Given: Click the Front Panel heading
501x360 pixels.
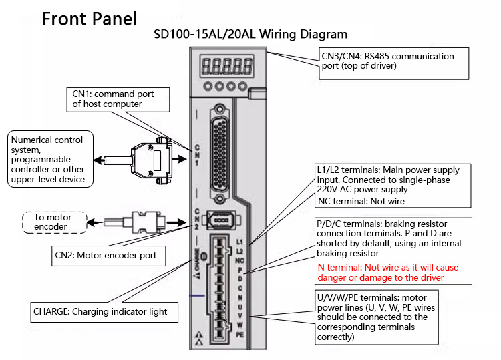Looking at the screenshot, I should [90, 18].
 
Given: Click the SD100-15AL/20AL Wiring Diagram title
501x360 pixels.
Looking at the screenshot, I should [251, 34].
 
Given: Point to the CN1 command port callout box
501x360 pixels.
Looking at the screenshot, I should [113, 99].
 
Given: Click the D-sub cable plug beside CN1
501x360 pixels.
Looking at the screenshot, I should [153, 160].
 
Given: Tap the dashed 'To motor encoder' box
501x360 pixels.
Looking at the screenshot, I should [51, 222].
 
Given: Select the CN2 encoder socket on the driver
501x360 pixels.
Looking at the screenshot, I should [220, 220].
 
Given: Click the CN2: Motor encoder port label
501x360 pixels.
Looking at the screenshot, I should [109, 255].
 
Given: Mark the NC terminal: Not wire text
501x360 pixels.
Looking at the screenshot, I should [361, 201].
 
